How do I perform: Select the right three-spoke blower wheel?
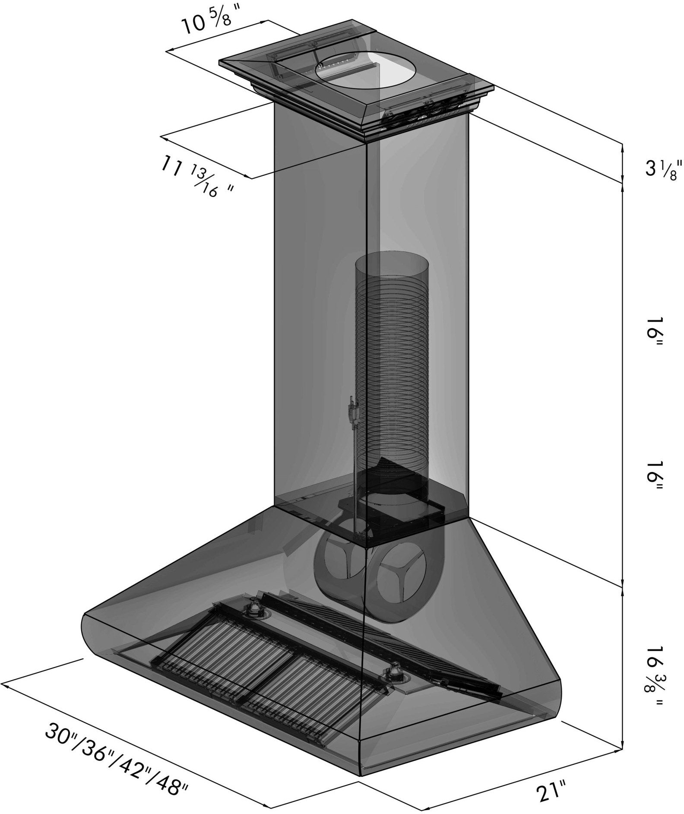[x=402, y=579]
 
